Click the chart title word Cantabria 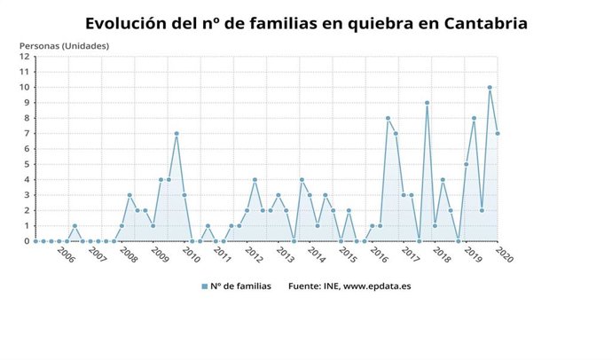coord(484,23)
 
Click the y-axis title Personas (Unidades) coord(64,44)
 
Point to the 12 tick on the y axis coord(25,57)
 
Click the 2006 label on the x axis coord(66,255)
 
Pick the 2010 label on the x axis coord(191,255)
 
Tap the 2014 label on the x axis coord(316,255)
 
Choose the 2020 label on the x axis coord(503,255)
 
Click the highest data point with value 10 coord(490,87)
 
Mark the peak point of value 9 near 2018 coord(427,103)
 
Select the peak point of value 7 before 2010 coord(177,133)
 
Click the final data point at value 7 coord(498,133)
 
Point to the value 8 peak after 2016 coord(388,118)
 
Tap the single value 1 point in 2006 coord(75,225)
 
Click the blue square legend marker coord(204,286)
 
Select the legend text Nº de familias coord(241,286)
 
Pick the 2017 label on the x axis coord(410,255)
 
